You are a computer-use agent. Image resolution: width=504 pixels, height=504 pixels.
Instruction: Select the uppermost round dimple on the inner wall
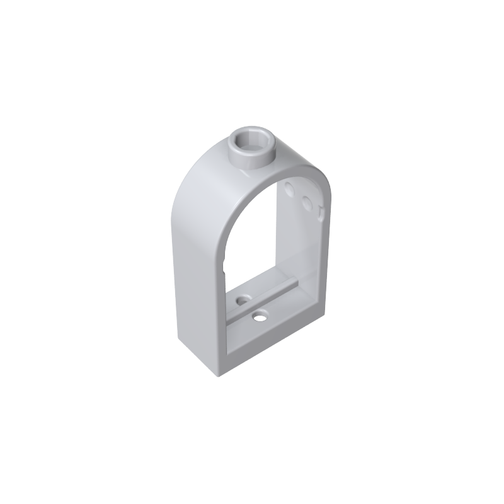coord(290,188)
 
